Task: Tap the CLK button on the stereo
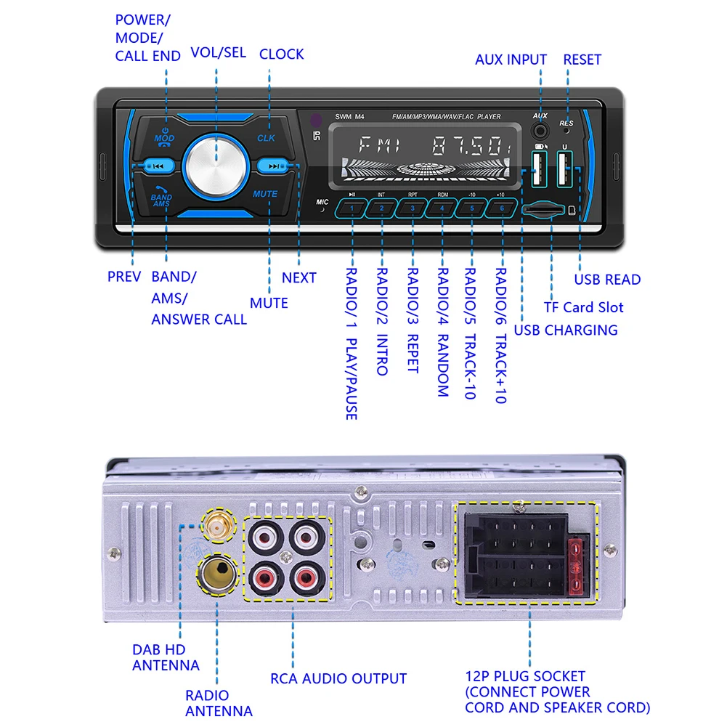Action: coord(266,137)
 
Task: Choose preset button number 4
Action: coord(442,209)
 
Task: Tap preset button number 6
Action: coord(501,209)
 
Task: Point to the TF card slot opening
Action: coord(543,210)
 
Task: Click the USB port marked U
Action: coord(564,172)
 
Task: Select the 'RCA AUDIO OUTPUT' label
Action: coord(338,679)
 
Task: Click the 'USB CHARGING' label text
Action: coord(566,330)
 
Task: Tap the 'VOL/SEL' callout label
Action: coord(218,53)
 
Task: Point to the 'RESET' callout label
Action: coord(582,60)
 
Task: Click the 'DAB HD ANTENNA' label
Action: coord(166,657)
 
